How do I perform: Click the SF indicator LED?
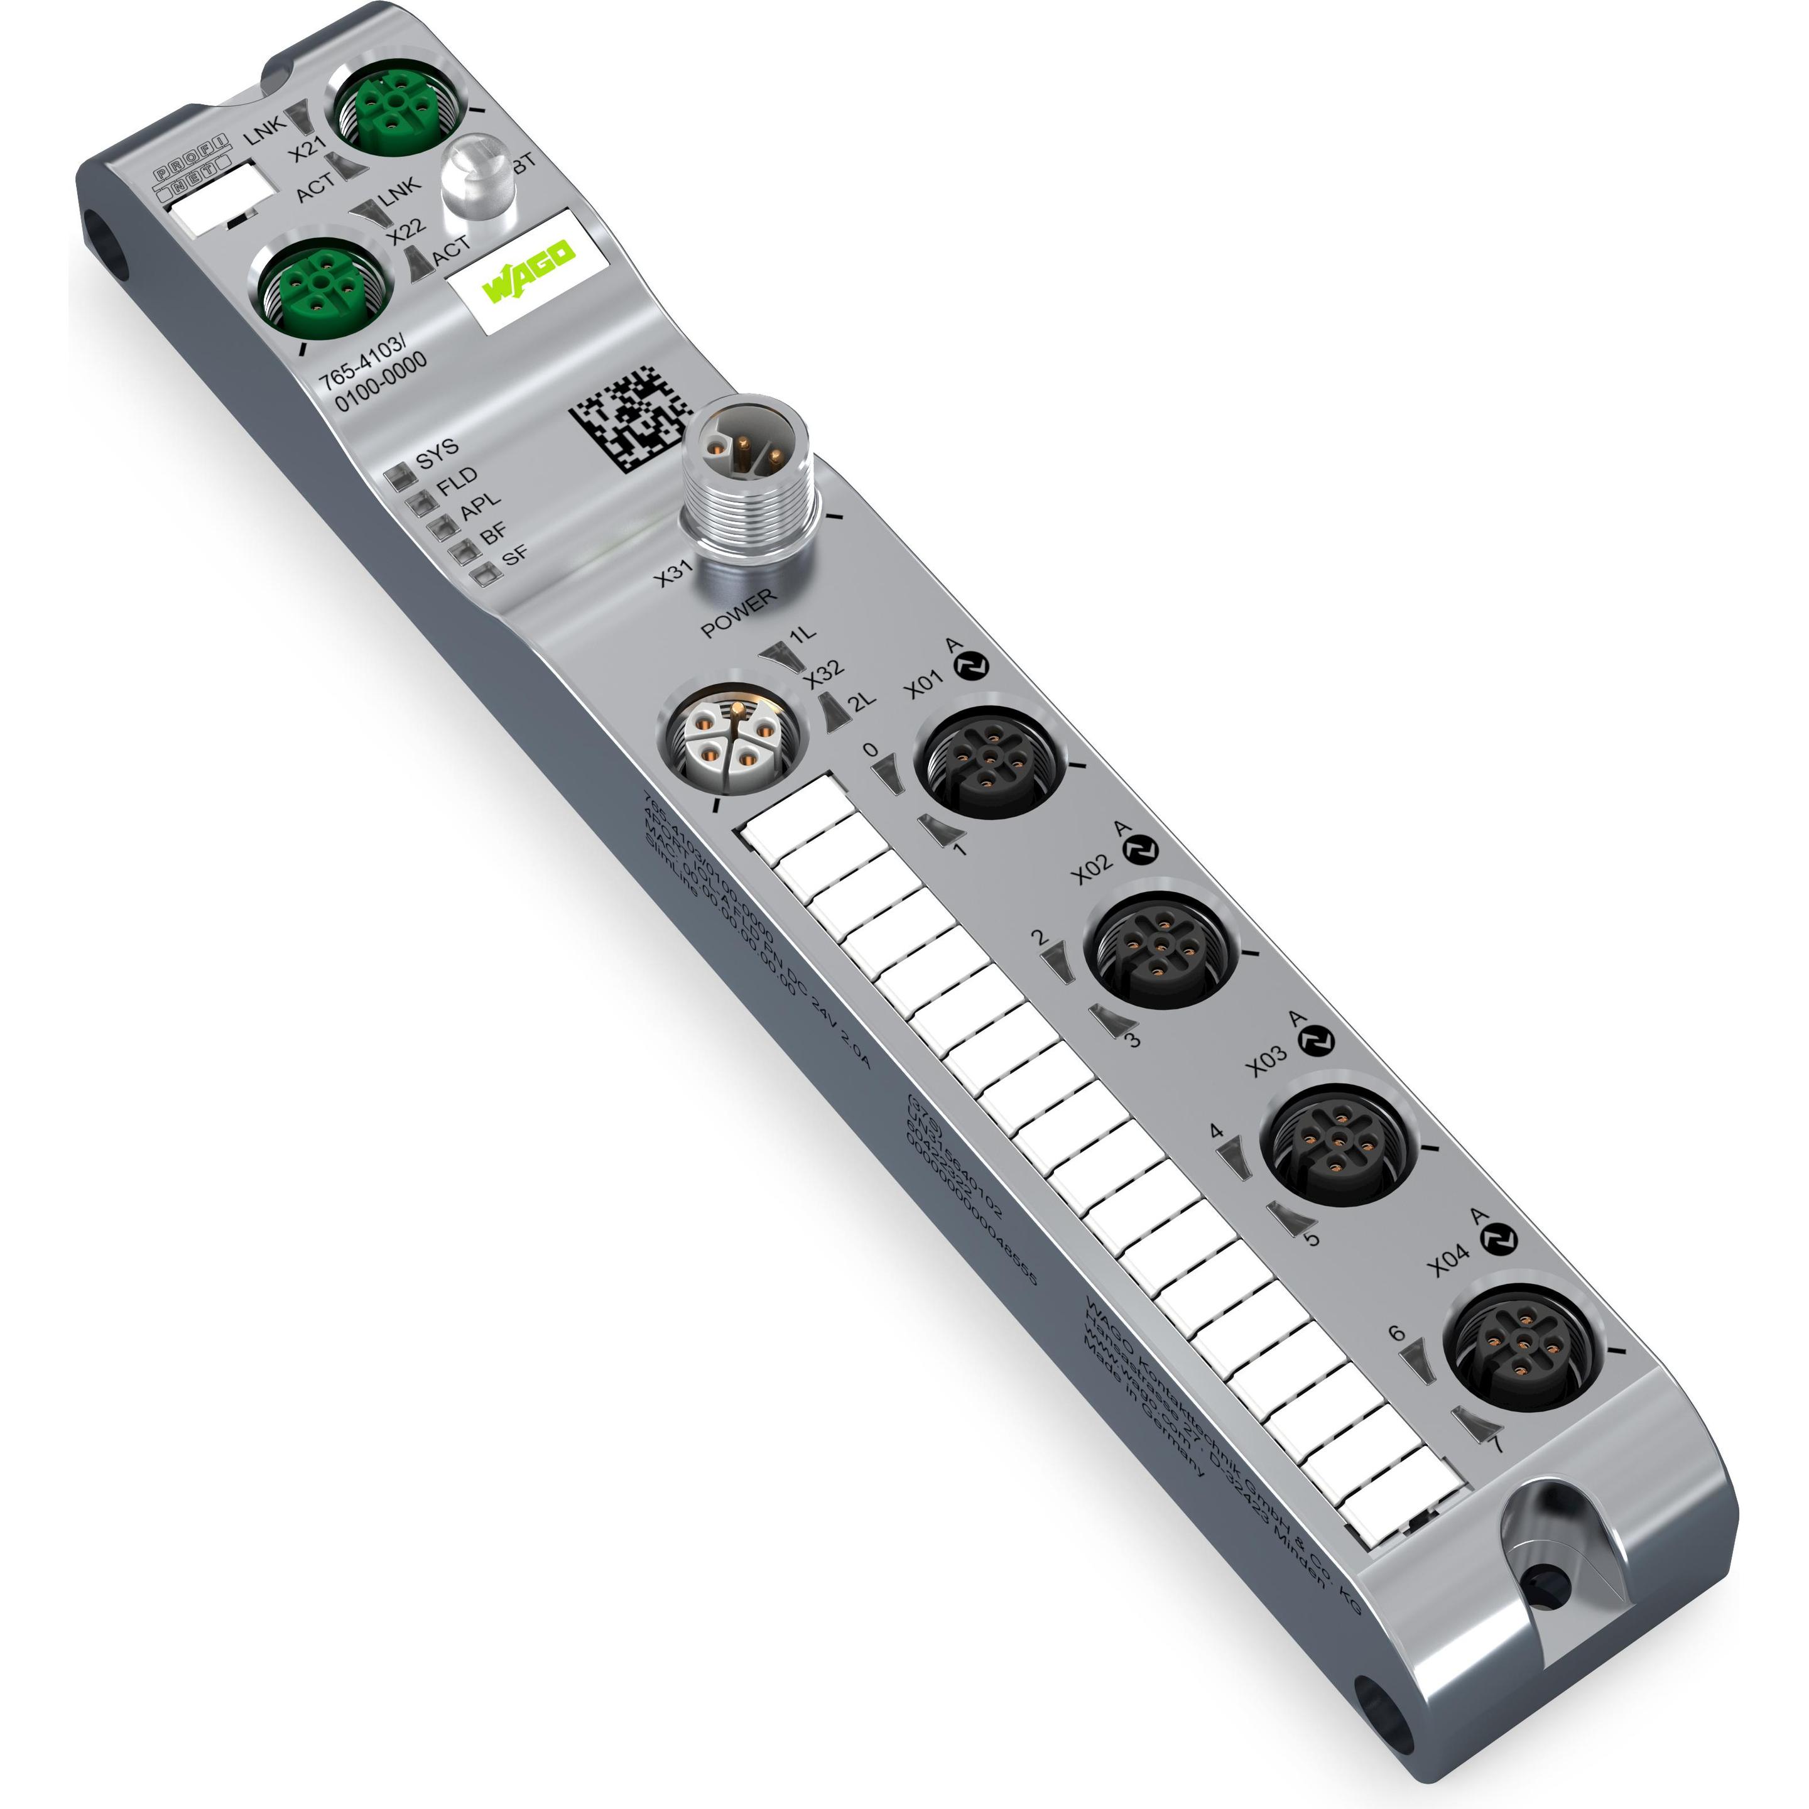483,574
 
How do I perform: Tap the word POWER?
739,613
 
